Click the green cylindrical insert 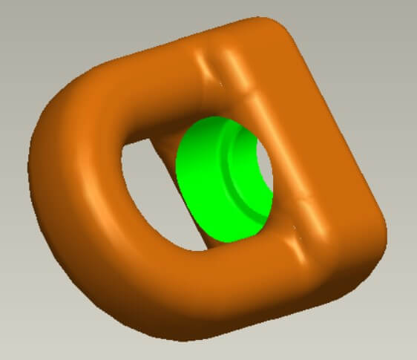[211, 186]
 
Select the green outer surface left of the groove [200, 186]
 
